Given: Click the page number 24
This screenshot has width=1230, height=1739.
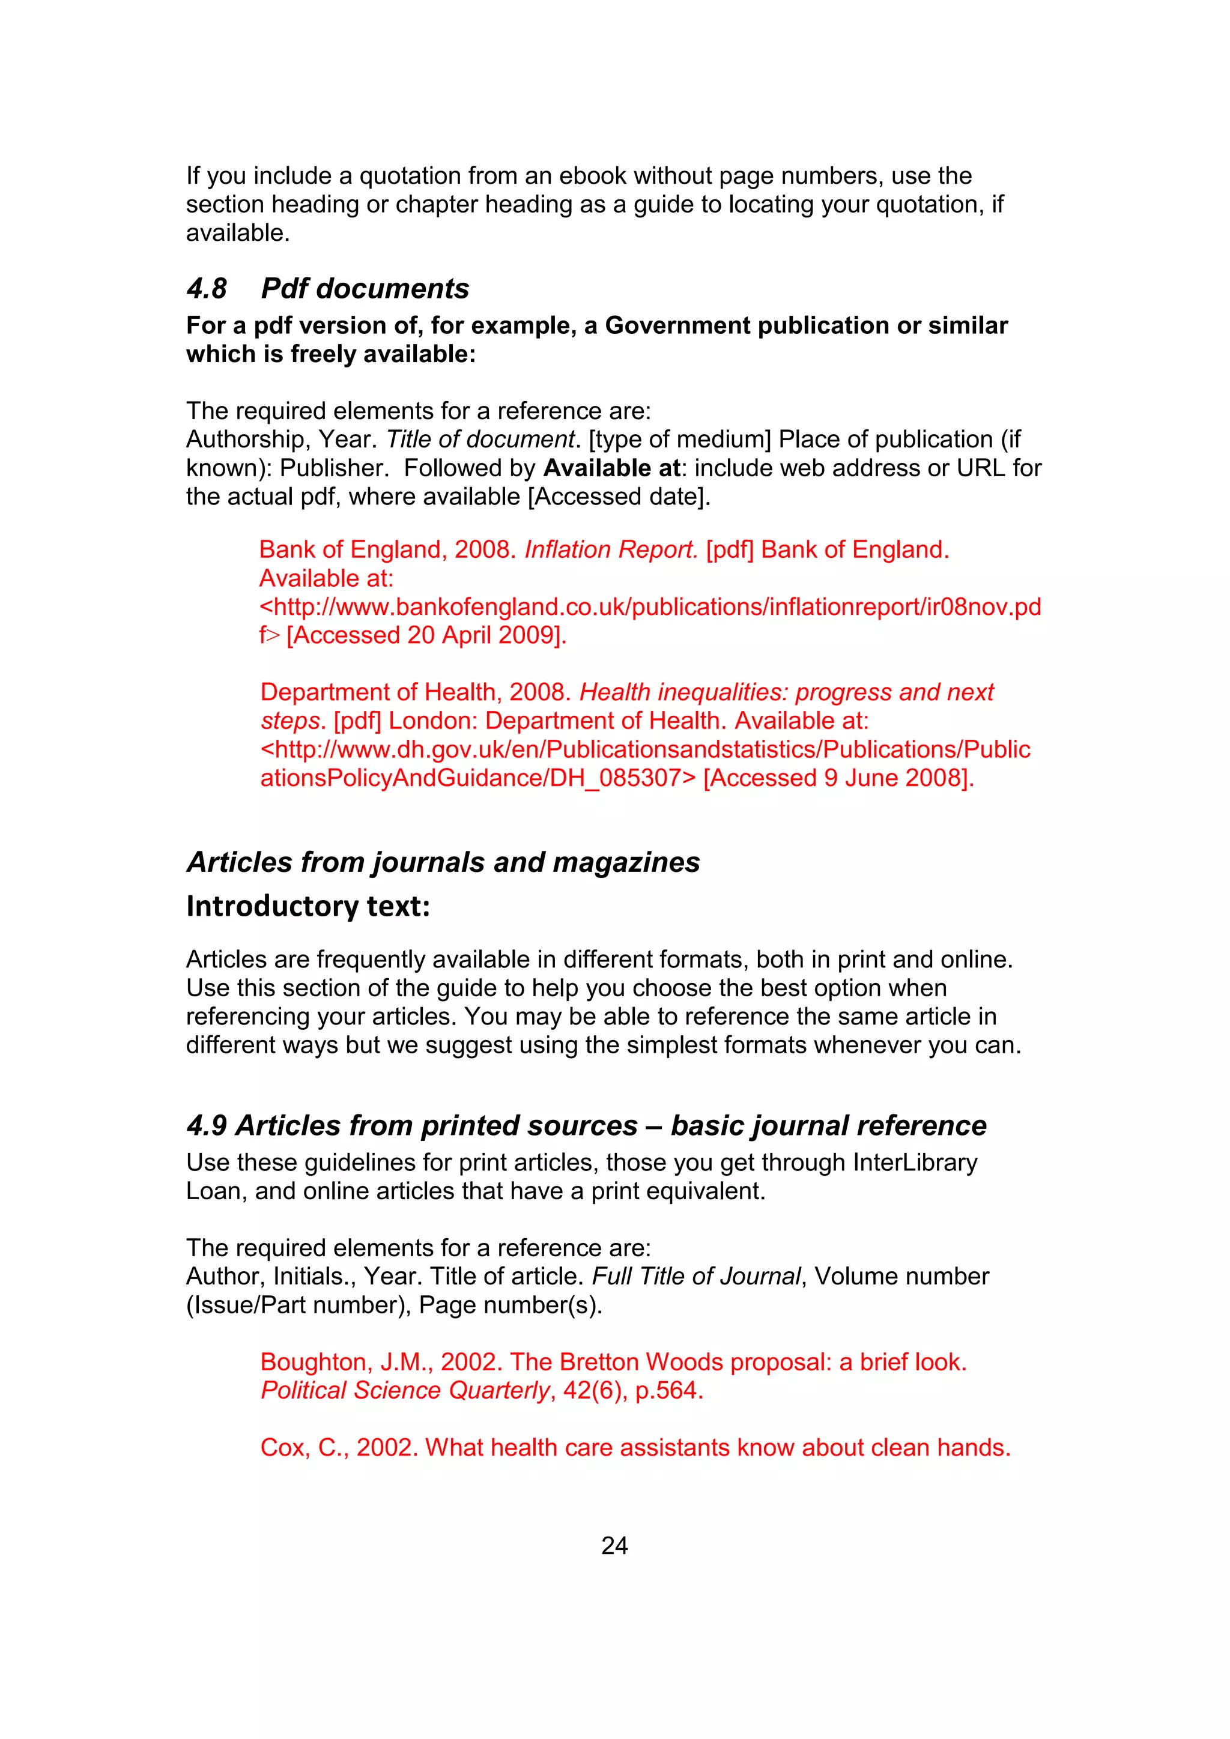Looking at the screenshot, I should (x=614, y=1545).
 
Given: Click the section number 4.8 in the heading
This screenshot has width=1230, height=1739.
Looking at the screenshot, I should (x=207, y=289).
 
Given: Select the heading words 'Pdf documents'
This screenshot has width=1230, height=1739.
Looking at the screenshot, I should (x=365, y=289).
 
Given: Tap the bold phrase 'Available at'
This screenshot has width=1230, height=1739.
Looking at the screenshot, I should (x=612, y=468).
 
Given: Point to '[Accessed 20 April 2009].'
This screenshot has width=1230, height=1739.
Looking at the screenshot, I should (x=426, y=635).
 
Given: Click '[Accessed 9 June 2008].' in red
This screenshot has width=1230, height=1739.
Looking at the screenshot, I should (x=838, y=778).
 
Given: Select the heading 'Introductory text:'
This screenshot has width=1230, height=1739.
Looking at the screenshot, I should (x=308, y=906).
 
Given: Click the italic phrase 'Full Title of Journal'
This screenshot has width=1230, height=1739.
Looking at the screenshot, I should (x=696, y=1276).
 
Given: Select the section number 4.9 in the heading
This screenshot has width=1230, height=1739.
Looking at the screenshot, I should (x=207, y=1125).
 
